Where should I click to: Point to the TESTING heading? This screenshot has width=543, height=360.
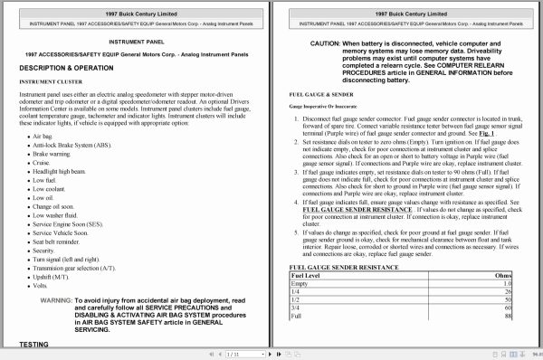coord(33,344)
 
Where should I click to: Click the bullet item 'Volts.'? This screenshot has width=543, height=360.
coord(42,285)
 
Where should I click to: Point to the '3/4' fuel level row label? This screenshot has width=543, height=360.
coord(296,331)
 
